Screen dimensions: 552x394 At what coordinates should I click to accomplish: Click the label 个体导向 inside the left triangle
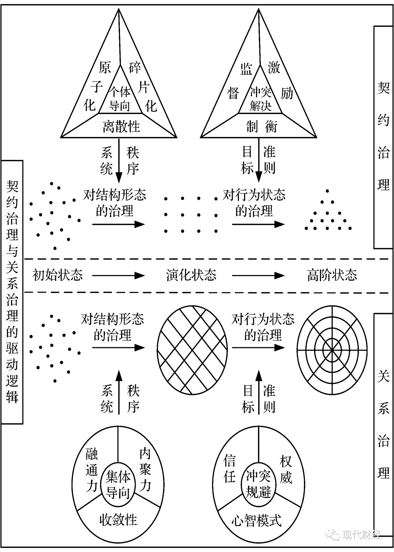tap(119, 99)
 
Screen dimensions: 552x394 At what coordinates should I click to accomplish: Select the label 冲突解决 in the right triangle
tap(260, 99)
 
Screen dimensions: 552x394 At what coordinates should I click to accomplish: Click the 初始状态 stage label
tap(57, 275)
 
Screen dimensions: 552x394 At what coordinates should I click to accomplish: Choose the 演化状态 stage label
tap(191, 275)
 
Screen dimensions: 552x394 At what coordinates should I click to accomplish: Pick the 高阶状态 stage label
tap(332, 275)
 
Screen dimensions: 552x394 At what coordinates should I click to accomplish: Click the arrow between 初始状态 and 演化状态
tap(119, 275)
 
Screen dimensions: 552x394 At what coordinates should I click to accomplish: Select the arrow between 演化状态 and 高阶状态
tap(258, 275)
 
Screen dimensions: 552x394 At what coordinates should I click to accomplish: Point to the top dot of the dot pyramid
tap(327, 191)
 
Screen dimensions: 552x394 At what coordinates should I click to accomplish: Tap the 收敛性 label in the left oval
tap(118, 520)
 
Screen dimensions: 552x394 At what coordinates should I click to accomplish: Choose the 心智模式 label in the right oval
tap(257, 520)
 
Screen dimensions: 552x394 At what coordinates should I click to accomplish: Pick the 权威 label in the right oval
tap(286, 469)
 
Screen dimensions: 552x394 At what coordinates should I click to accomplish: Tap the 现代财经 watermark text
tap(362, 535)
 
